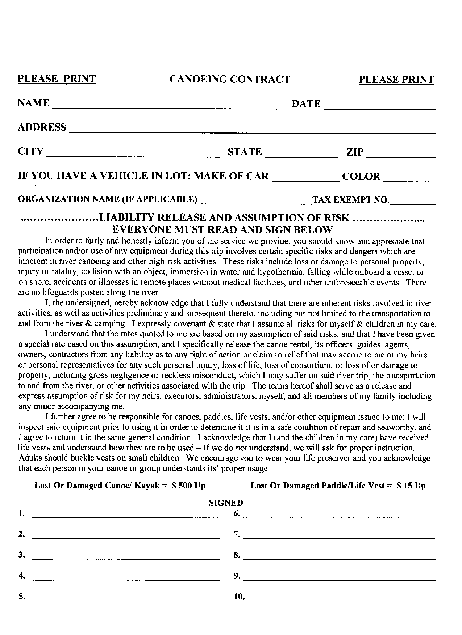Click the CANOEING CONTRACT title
pos(230,79)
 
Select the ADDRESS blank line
pos(252,130)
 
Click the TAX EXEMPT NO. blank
pos(412,201)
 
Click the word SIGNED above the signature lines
pos(226,503)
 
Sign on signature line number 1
pos(126,515)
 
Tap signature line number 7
pos(339,536)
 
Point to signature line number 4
pos(126,577)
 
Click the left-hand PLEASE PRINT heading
pos(57,79)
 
